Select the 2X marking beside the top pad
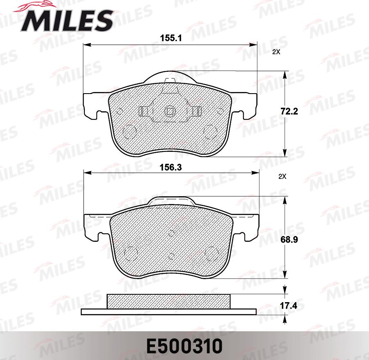click(276, 52)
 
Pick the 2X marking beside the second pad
click(282, 177)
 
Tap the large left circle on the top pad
click(130, 131)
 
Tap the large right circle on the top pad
click(211, 131)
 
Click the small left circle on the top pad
click(120, 111)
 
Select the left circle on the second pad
click(131, 252)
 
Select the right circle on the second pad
click(212, 252)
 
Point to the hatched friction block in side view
click(169, 302)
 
